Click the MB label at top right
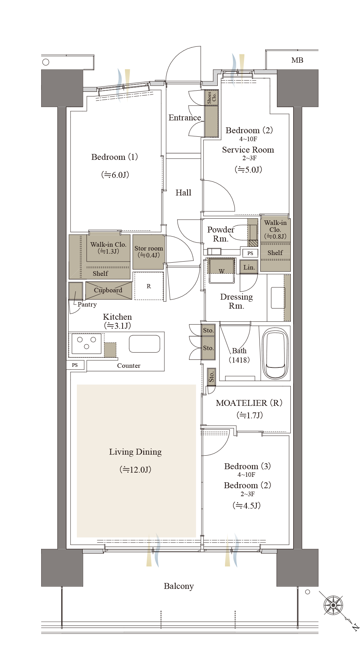[x=297, y=60]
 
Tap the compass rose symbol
[x=333, y=605]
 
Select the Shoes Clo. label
[x=211, y=98]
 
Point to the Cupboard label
[x=108, y=290]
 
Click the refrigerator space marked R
[x=149, y=286]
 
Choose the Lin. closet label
[x=249, y=267]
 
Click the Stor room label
[x=149, y=248]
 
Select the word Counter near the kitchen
[x=129, y=366]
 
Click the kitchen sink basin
[x=144, y=344]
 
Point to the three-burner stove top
[x=87, y=344]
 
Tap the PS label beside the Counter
[x=75, y=365]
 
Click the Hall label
[x=183, y=193]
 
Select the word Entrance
[x=185, y=118]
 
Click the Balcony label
[x=179, y=586]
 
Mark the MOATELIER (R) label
[x=249, y=403]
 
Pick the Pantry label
[x=87, y=304]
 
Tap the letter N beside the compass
[x=355, y=627]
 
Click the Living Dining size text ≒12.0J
[x=135, y=470]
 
